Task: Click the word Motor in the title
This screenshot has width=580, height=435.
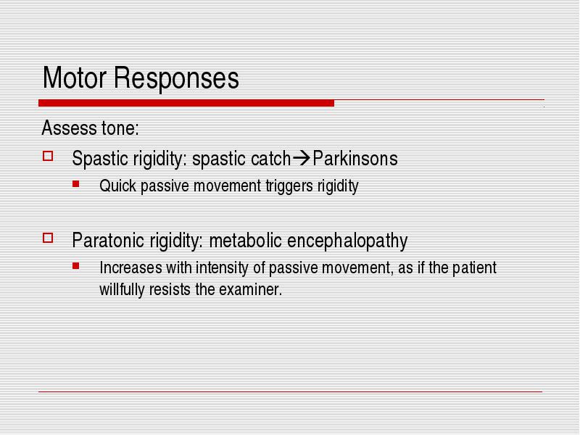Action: pyautogui.click(x=75, y=78)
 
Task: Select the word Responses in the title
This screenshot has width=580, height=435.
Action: pyautogui.click(x=176, y=79)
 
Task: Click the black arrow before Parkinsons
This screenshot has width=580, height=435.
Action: pyautogui.click(x=302, y=158)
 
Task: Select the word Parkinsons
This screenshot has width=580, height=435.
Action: pyautogui.click(x=355, y=158)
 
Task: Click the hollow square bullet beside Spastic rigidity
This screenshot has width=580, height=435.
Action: pyautogui.click(x=48, y=156)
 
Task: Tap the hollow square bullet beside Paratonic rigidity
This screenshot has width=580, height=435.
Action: pyautogui.click(x=48, y=238)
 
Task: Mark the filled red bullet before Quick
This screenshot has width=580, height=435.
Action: pyautogui.click(x=76, y=183)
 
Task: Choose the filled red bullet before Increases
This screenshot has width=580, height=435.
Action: pyautogui.click(x=76, y=265)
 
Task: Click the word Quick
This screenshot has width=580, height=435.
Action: pyautogui.click(x=118, y=186)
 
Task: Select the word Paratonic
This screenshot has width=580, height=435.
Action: pyautogui.click(x=108, y=240)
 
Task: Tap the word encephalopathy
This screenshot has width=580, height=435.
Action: pyautogui.click(x=347, y=241)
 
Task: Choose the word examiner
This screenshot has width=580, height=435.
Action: pyautogui.click(x=250, y=289)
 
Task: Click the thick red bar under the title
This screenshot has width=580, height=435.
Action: pyautogui.click(x=186, y=103)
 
